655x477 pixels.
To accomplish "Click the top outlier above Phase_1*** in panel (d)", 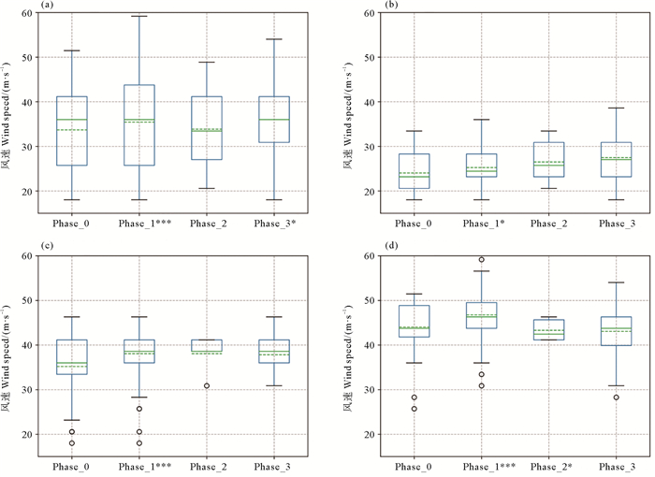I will pos(481,260).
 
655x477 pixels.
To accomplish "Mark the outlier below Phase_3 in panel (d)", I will pos(615,397).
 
